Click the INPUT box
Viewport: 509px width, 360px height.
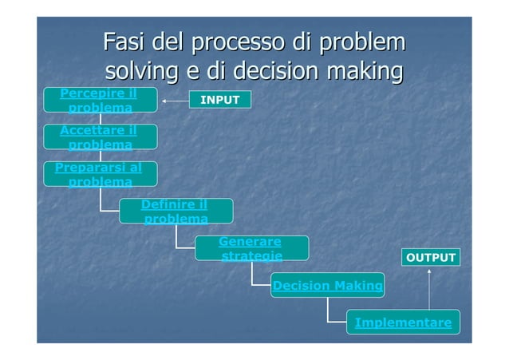pyautogui.click(x=219, y=100)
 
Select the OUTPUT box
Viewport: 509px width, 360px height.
pyautogui.click(x=431, y=258)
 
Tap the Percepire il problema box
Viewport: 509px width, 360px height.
pyautogui.click(x=100, y=100)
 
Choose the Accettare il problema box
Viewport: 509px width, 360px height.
pyautogui.click(x=100, y=137)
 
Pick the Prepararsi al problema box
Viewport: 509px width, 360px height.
pyautogui.click(x=100, y=175)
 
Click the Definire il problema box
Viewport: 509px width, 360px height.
pyautogui.click(x=176, y=212)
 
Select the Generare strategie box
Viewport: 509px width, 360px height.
pyautogui.click(x=251, y=248)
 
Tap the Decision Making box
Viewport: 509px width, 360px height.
pyautogui.click(x=327, y=285)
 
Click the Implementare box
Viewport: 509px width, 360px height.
pyautogui.click(x=403, y=322)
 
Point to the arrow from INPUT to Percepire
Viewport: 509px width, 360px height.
pyautogui.click(x=174, y=101)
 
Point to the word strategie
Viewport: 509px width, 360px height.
pyautogui.click(x=251, y=255)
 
